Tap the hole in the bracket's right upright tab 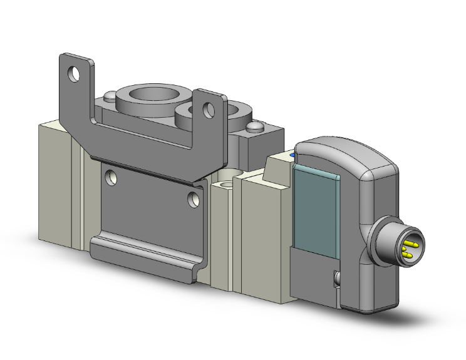click(x=207, y=108)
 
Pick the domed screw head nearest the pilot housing click(x=256, y=128)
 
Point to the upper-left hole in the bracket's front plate click(x=111, y=178)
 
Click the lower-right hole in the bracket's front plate click(x=194, y=200)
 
